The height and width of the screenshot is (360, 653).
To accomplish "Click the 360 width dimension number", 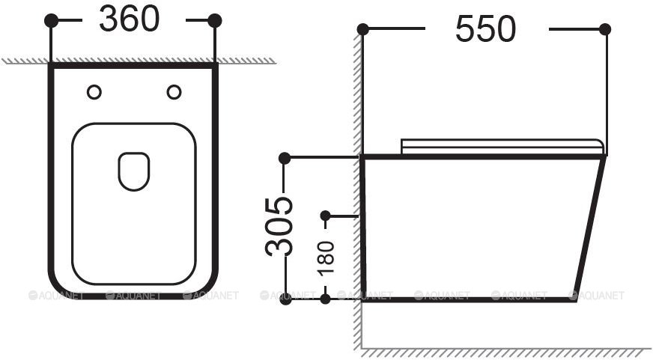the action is pos(129,19).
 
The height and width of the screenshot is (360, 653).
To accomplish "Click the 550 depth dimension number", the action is pos(485,29).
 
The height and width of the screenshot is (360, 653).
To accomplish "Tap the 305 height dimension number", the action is pos(279,227).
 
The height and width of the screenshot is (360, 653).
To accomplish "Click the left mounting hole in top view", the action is pos(94,92).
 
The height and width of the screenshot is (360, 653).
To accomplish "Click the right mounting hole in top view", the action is pos(174,92).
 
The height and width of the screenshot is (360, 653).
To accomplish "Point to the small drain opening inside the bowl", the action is pos(134,171).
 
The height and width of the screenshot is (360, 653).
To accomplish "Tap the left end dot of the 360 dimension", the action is pos(51,20).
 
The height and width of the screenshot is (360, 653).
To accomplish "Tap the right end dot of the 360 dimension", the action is pos(215,20).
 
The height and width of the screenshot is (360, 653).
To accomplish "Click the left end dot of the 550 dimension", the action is pos(362,29).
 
